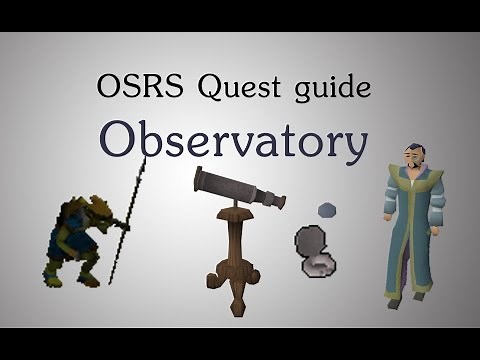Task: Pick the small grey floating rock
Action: pos(326,209)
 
